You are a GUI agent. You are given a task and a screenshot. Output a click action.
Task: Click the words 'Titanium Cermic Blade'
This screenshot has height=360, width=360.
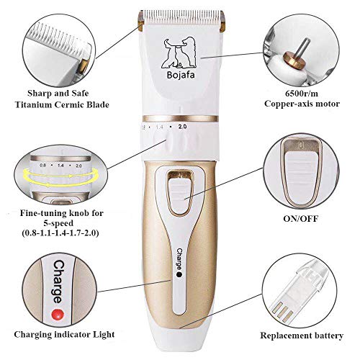pos(58,106)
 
